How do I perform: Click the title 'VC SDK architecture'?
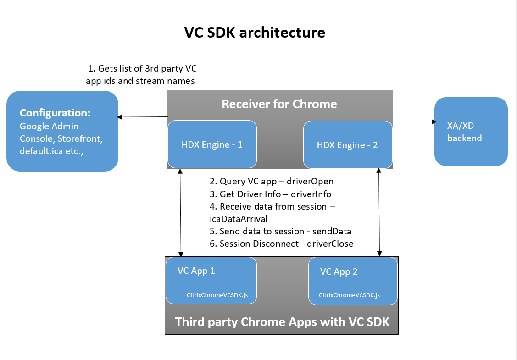point(255,32)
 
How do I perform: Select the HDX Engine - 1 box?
point(212,144)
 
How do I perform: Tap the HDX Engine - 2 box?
point(348,145)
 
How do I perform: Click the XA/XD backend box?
point(471,132)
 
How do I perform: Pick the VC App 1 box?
point(211,281)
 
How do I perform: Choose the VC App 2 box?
point(353,281)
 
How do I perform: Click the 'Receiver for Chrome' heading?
point(279,104)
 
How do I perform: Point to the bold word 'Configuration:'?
point(55,113)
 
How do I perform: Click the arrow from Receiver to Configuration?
point(142,116)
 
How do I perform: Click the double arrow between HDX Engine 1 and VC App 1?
point(180,213)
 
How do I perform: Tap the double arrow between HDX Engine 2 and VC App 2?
point(379,212)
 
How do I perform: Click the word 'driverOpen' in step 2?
point(310,181)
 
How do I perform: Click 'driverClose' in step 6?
point(330,244)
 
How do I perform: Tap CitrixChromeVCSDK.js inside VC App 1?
point(217,295)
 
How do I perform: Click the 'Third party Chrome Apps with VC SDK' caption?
point(282,322)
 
